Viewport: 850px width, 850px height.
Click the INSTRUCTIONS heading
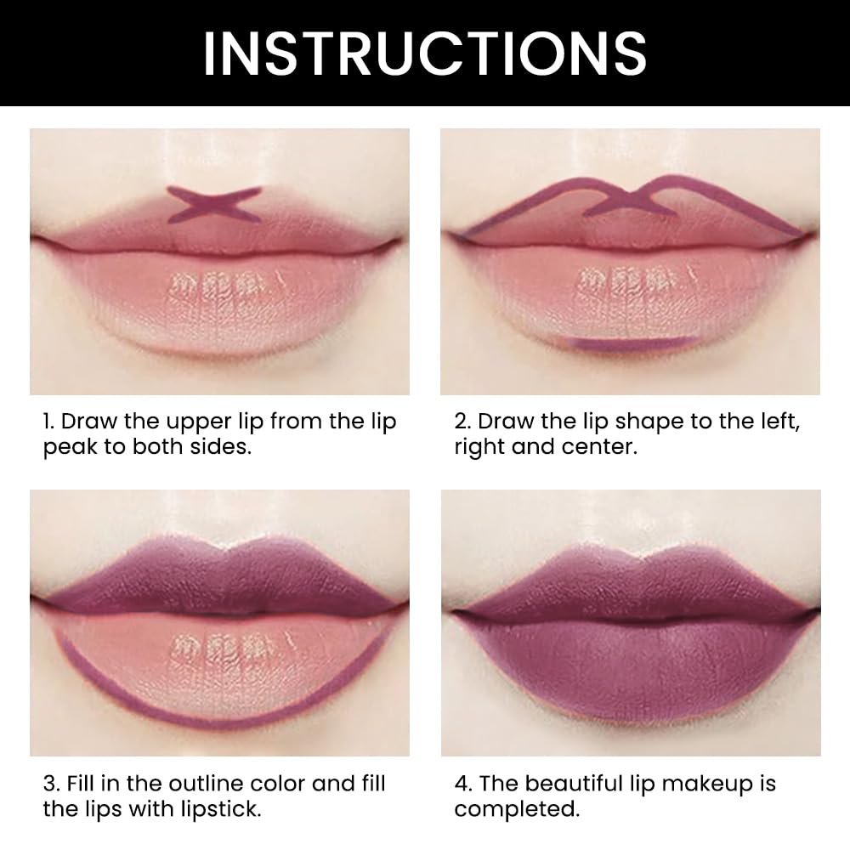(424, 53)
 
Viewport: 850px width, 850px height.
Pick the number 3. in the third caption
(50, 784)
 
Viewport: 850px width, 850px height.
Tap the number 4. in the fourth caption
(462, 784)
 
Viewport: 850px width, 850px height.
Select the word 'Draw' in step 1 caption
(89, 422)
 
